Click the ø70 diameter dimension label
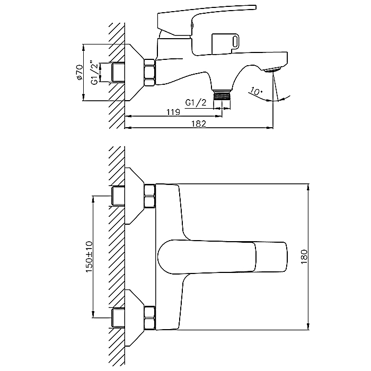coord(79,72)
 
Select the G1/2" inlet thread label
coord(94,74)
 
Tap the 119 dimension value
coord(173,112)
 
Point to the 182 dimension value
coord(199,123)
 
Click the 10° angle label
coord(256,91)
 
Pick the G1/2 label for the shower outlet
coord(196,103)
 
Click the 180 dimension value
coord(304,257)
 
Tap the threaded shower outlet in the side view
coord(222,95)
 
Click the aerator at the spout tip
coord(272,70)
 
